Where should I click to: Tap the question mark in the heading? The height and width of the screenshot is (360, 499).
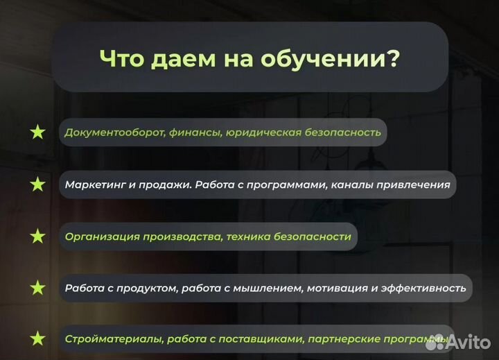pyautogui.click(x=392, y=58)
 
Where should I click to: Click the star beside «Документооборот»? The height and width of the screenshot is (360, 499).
pyautogui.click(x=37, y=132)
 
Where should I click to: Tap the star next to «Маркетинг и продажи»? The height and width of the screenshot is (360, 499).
pyautogui.click(x=37, y=185)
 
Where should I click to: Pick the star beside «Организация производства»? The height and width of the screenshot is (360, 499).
pyautogui.click(x=37, y=237)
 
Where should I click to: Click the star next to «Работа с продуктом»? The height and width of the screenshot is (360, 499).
pyautogui.click(x=37, y=288)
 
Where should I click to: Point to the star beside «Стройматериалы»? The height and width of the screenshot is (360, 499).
pyautogui.click(x=37, y=339)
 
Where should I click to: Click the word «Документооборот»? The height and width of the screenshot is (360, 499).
pyautogui.click(x=114, y=132)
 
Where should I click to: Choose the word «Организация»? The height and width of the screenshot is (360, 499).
pyautogui.click(x=101, y=237)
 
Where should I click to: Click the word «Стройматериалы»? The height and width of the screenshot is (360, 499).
pyautogui.click(x=104, y=340)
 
